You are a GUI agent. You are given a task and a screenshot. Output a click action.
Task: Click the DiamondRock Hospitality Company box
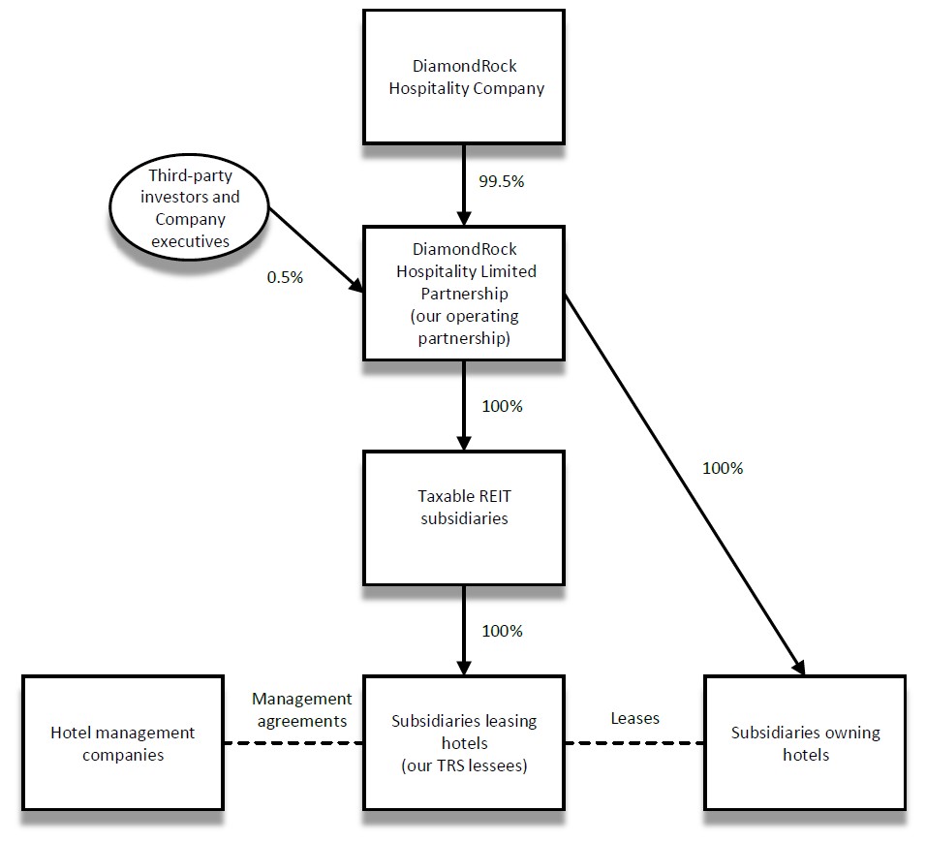point(464,78)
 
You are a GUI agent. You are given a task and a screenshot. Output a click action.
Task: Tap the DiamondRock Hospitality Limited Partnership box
point(464,293)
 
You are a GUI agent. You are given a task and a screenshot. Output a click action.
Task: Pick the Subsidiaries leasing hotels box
point(464,743)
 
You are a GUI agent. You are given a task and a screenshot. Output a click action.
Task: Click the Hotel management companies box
point(122,743)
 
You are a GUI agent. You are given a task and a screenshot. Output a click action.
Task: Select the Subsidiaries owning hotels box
point(805,743)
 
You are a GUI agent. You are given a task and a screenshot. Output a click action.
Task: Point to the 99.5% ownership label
point(502,182)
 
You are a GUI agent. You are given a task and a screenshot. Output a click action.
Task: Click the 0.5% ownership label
point(285,277)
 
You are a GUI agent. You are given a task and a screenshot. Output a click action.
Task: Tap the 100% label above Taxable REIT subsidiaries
point(502,406)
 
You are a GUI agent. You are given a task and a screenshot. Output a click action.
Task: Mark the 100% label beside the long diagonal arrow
point(723,468)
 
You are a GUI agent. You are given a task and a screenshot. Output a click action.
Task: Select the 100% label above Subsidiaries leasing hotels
point(502,631)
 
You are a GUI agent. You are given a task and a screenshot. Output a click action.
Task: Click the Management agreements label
point(301,709)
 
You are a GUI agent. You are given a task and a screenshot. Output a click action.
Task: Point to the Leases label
point(634,718)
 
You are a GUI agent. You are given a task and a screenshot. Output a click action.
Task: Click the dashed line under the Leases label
point(634,744)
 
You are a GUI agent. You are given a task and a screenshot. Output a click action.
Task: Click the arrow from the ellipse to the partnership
point(317,251)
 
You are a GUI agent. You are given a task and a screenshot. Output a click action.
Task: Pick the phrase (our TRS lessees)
point(464,766)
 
